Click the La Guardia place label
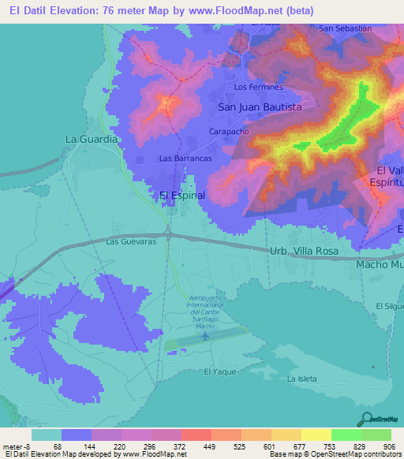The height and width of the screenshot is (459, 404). point(92,139)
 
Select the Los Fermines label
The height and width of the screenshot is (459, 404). point(259,87)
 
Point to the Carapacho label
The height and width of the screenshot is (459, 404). point(229,132)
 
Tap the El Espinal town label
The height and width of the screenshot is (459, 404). point(182,195)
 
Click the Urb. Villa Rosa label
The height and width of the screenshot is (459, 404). point(304,251)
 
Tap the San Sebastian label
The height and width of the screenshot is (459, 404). point(345,28)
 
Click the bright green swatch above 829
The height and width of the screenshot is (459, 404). point(346,435)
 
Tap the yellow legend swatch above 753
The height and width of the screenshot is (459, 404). point(316,435)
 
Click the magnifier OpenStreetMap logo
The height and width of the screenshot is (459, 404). point(365,419)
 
